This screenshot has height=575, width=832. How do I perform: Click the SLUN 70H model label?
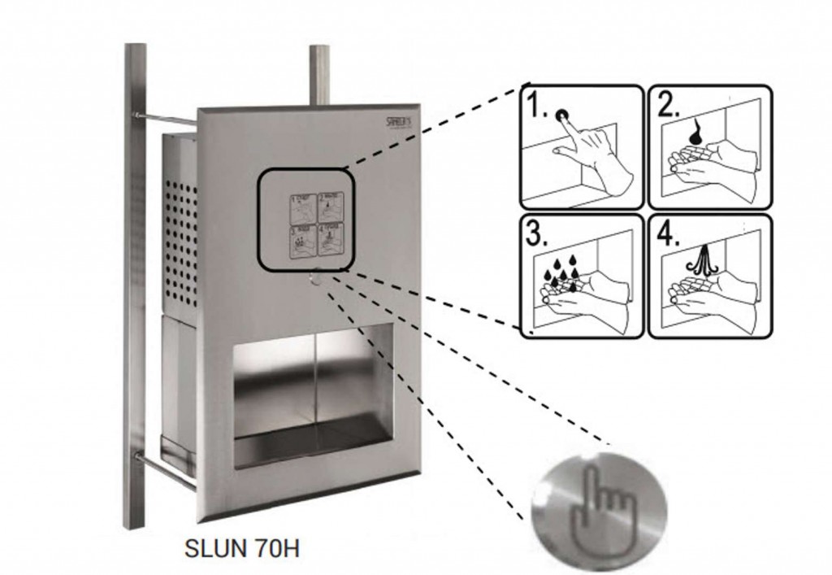point(242,547)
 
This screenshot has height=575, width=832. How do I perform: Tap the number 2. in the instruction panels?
point(669,105)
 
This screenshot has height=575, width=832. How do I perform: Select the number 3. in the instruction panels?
point(535,235)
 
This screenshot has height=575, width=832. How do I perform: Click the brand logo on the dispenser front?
point(401,121)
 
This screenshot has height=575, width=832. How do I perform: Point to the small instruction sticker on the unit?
point(317,224)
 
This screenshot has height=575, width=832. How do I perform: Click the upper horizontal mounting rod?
point(167,120)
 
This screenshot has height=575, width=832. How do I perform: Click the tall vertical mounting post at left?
point(136,285)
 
